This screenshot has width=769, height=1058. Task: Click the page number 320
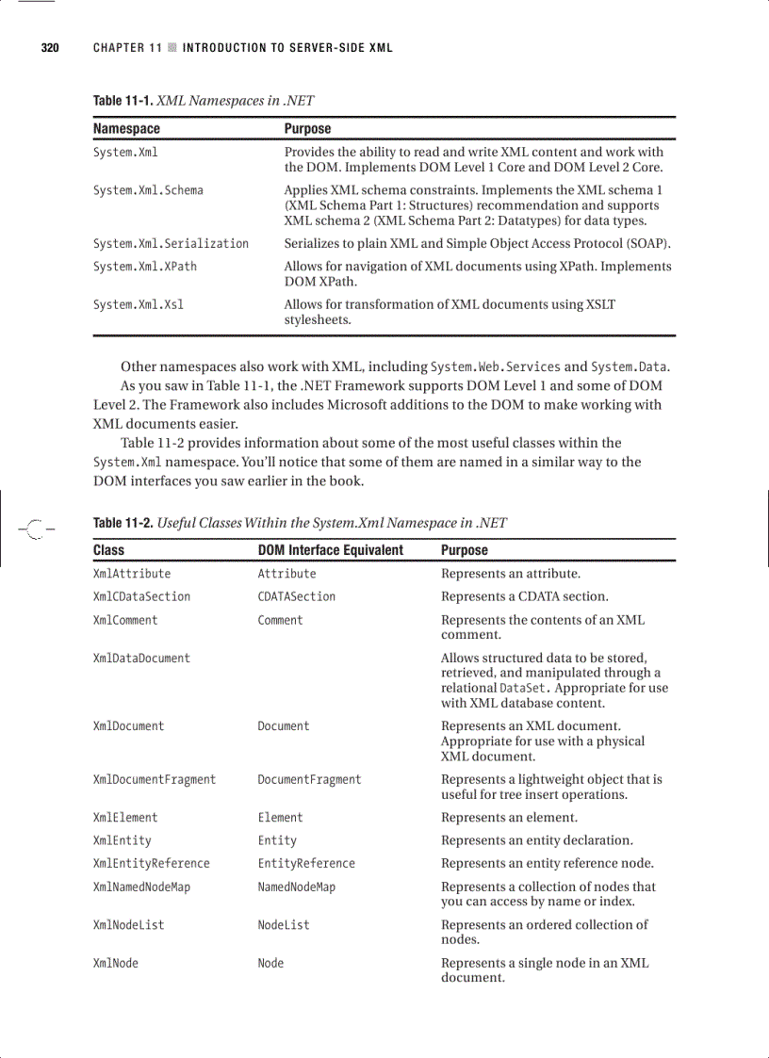[x=50, y=48]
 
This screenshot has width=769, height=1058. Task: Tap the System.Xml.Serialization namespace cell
[x=171, y=243]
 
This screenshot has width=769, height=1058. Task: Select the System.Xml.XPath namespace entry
[x=144, y=267]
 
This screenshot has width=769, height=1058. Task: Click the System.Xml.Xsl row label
[x=138, y=304]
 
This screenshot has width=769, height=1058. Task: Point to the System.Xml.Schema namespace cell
[x=147, y=190]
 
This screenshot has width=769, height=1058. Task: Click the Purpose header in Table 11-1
[x=307, y=128]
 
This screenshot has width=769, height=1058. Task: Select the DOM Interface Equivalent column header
[x=330, y=550]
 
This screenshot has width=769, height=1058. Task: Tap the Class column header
[x=108, y=550]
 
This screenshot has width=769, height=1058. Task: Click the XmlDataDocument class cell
[x=141, y=659]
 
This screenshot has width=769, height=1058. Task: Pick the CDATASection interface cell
[x=296, y=597]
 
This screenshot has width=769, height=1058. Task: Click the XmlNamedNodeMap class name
[x=141, y=887]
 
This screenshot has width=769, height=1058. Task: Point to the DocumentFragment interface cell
[x=309, y=780]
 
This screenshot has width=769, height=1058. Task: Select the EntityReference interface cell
[x=306, y=864]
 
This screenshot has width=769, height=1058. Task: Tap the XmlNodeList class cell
[x=128, y=925]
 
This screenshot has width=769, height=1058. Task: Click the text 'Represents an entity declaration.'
[x=536, y=840]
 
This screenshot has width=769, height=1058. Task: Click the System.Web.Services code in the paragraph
[x=495, y=367]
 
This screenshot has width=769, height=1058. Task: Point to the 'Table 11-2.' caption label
[x=123, y=523]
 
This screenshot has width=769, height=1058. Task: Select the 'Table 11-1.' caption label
[x=123, y=101]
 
